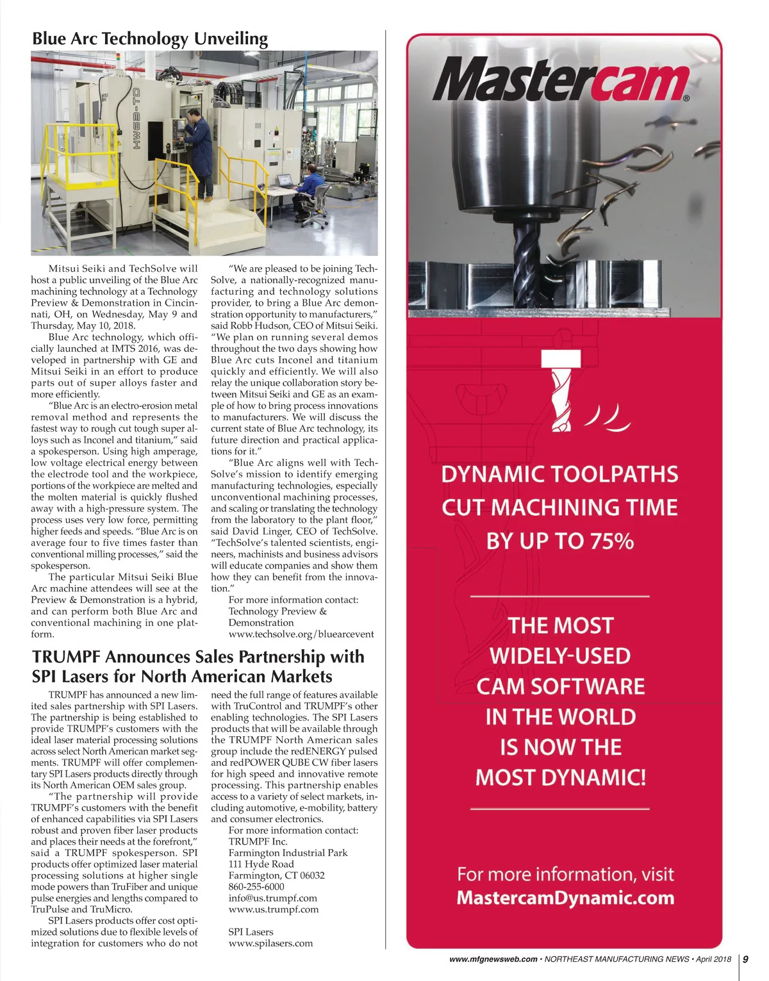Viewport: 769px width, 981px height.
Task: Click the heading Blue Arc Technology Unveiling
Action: pos(150,38)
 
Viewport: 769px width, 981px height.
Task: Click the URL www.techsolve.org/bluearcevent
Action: pos(301,634)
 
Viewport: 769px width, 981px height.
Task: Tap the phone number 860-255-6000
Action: pos(256,887)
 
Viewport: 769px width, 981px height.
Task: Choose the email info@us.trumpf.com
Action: pos(273,898)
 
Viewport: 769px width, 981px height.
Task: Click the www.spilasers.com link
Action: pos(270,943)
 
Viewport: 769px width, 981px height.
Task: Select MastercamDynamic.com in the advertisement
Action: pos(565,898)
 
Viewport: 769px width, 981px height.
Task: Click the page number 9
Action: pos(745,959)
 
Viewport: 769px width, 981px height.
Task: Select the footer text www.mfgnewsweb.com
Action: pos(493,959)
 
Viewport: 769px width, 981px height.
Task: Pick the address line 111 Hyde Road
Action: pos(261,864)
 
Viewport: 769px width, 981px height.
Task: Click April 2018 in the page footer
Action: pos(713,959)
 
